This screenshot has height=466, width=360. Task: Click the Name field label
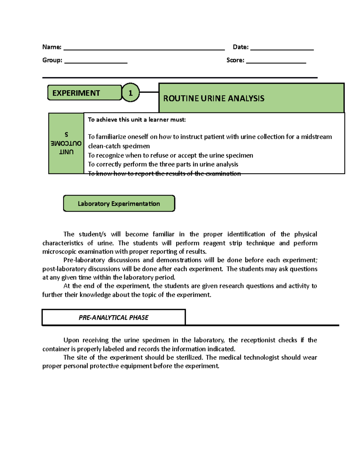pos(52,47)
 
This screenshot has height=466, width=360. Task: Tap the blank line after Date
pos(282,49)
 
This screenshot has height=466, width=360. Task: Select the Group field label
pos(52,60)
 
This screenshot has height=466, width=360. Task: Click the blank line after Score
pos(276,62)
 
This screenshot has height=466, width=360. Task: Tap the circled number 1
pos(130,93)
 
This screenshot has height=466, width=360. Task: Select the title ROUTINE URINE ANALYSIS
pos(214,98)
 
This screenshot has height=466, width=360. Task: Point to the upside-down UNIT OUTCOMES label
pos(66,144)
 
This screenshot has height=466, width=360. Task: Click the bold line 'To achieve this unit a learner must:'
pos(137,120)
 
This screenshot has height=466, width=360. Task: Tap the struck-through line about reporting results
pos(164,174)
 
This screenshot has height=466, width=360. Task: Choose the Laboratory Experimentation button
pos(119,204)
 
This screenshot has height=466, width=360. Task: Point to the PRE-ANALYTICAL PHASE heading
pos(113,317)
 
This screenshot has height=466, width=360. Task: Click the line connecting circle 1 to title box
pos(149,92)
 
